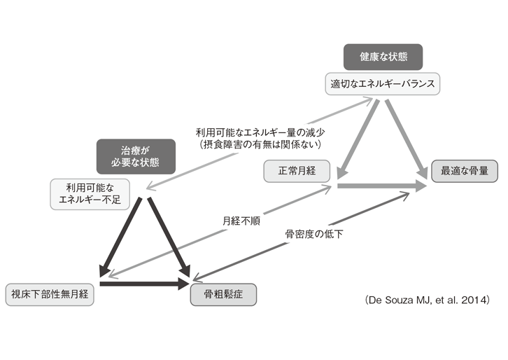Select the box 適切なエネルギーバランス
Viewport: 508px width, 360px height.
(x=383, y=84)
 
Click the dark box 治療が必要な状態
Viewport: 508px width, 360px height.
(x=136, y=155)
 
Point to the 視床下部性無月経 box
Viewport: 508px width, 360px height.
(x=49, y=293)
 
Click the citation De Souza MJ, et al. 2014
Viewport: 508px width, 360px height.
(x=427, y=300)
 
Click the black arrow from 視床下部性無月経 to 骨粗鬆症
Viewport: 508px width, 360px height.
(x=143, y=284)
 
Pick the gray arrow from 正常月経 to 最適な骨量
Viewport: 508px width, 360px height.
(x=381, y=186)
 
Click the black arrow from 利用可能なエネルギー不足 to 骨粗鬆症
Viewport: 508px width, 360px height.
(x=169, y=238)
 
